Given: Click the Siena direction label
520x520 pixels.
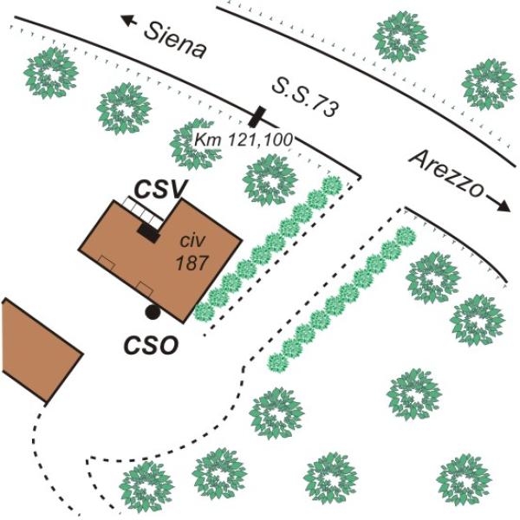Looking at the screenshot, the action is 175,41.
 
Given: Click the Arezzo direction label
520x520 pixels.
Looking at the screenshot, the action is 445,173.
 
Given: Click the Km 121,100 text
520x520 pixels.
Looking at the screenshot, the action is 244,140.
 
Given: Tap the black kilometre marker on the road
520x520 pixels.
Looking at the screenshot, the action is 257,117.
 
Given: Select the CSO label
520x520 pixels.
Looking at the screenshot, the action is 151,346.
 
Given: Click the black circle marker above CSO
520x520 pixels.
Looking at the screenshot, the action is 153,312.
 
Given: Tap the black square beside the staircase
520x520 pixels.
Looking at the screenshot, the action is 148,233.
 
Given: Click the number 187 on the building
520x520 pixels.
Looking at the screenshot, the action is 192,263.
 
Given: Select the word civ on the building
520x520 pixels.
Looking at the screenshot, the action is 192,240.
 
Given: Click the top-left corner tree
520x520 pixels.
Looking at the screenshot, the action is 51,73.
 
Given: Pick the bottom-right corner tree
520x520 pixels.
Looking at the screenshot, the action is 464,480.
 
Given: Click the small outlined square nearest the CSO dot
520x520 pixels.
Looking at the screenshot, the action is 145,289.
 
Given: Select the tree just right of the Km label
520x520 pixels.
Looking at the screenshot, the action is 270,179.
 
